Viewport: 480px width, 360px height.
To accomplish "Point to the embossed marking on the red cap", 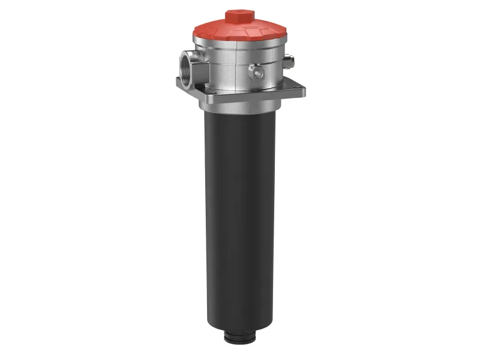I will click(x=263, y=28).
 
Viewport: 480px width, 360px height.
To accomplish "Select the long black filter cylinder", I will click(x=240, y=216).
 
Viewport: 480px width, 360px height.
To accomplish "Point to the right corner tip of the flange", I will click(x=305, y=91).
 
